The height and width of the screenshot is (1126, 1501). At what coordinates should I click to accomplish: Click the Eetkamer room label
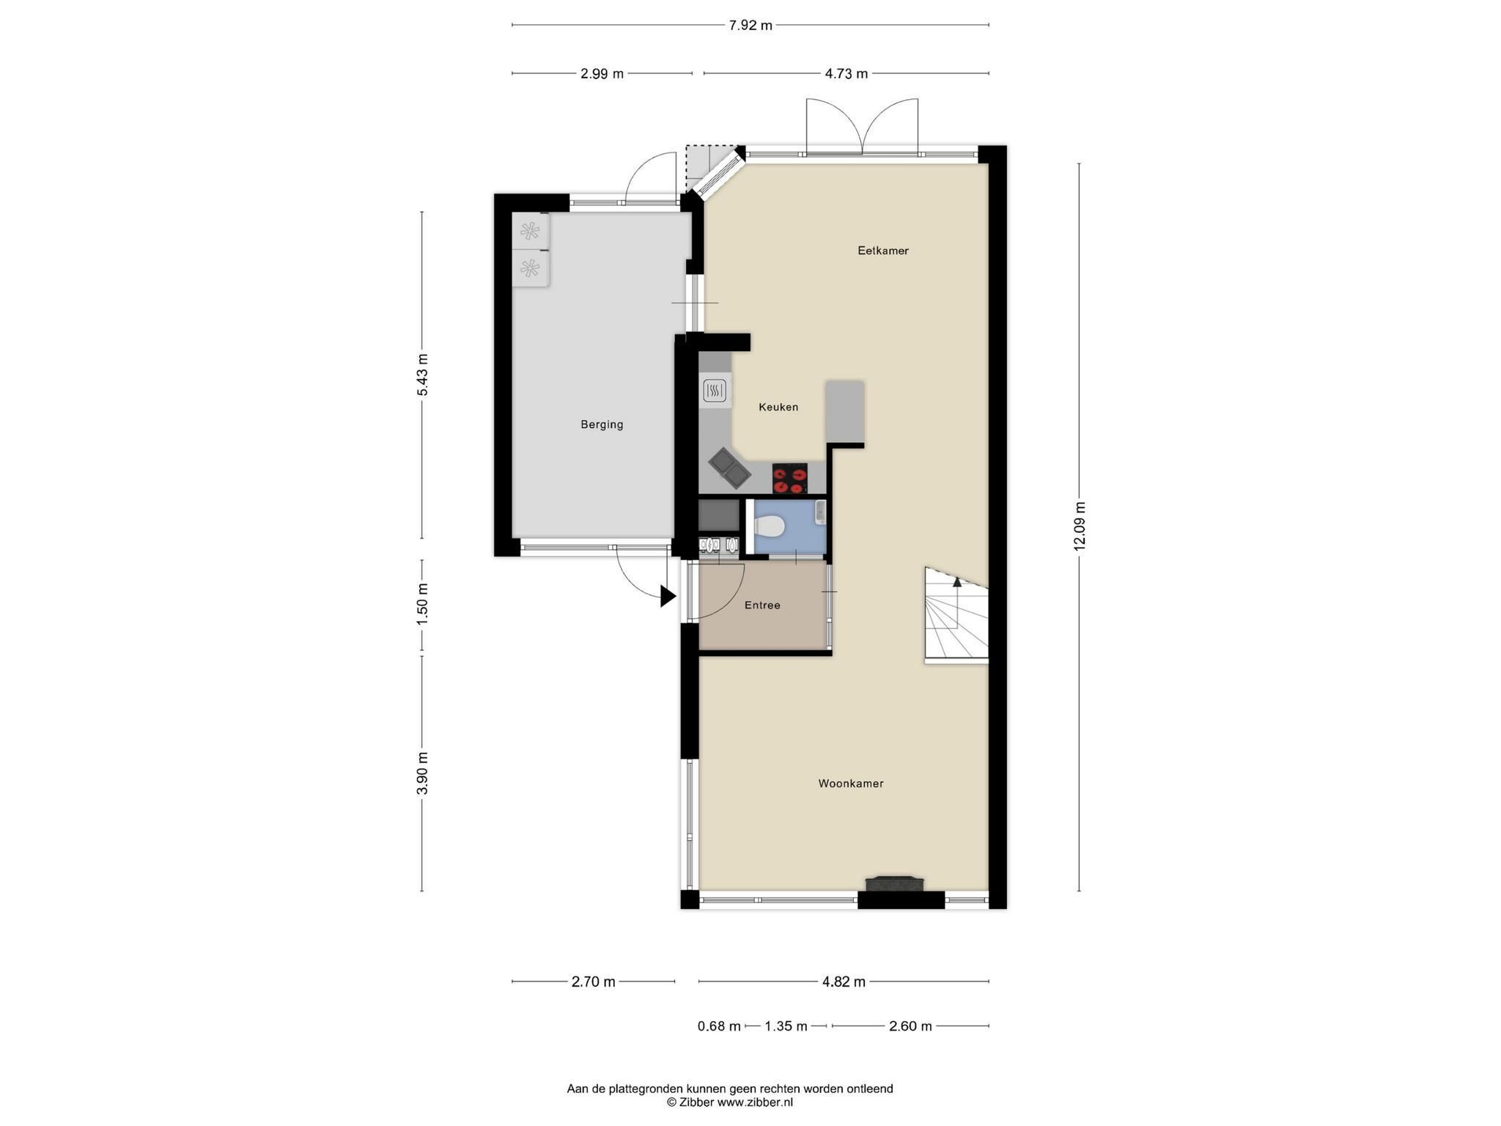[883, 251]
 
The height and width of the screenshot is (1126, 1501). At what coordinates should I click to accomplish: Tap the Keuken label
[778, 407]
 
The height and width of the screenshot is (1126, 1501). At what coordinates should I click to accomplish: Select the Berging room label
[602, 424]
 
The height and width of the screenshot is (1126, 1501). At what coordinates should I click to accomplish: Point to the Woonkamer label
[851, 784]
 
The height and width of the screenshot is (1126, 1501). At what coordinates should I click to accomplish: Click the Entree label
[762, 606]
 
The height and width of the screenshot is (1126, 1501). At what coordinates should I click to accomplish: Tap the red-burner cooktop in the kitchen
[790, 479]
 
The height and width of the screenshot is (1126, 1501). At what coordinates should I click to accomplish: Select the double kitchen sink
[729, 469]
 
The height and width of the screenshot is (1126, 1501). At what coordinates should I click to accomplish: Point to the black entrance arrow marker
[668, 596]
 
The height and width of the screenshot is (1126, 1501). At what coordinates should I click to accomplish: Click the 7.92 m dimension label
[750, 26]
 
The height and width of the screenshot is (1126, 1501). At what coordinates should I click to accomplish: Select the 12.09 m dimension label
[1080, 526]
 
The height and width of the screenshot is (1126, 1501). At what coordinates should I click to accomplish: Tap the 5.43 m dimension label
[423, 375]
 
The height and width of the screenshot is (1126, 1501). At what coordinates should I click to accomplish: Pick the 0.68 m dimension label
[719, 1026]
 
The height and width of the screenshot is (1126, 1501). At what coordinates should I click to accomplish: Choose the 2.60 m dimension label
[910, 1026]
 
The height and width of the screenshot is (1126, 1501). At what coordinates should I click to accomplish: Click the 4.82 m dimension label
[844, 982]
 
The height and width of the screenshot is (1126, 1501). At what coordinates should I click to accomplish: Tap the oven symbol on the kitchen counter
[715, 390]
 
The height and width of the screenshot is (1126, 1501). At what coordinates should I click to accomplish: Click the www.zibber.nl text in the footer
[755, 1103]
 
